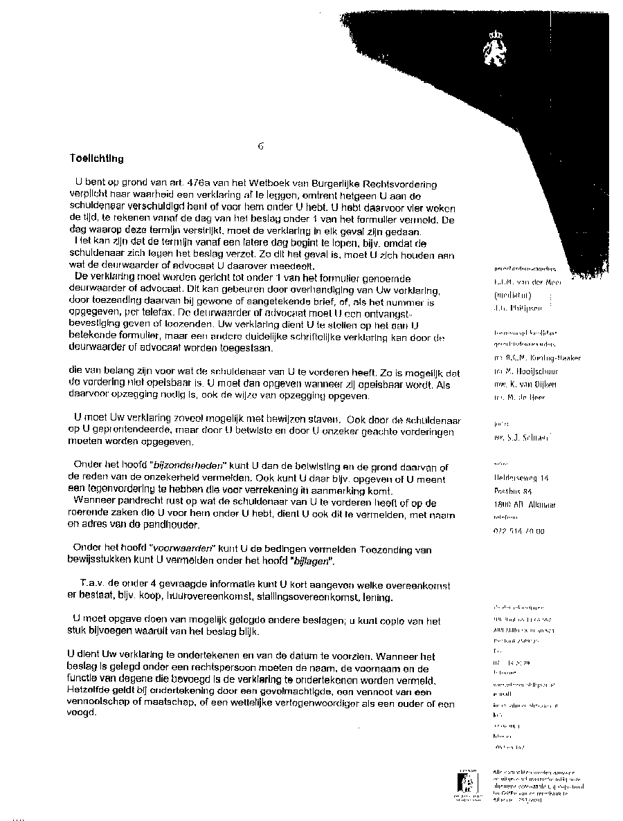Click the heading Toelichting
[96, 158]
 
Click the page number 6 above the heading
[260, 146]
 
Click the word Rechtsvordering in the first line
[401, 185]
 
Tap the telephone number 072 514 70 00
[515, 531]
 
